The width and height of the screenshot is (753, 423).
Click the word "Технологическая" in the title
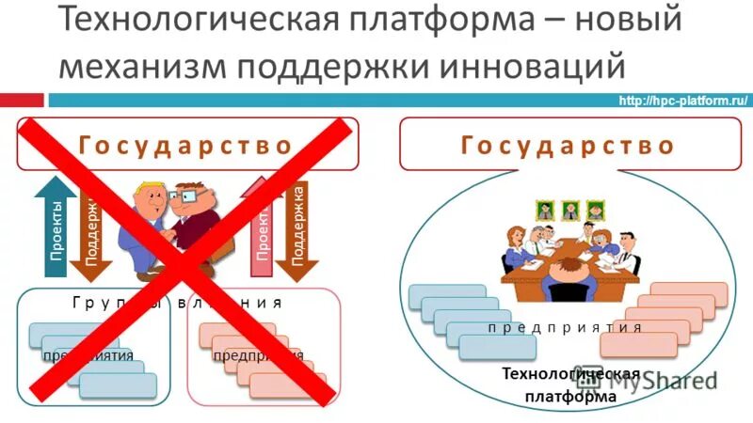[x=192, y=21]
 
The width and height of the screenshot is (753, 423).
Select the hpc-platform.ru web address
[x=681, y=102]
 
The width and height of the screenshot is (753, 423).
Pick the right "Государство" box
[x=569, y=146]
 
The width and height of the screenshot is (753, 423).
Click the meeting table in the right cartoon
[x=569, y=268]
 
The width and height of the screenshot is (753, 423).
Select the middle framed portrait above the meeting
[x=570, y=209]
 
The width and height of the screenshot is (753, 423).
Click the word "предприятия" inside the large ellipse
[x=566, y=327]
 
